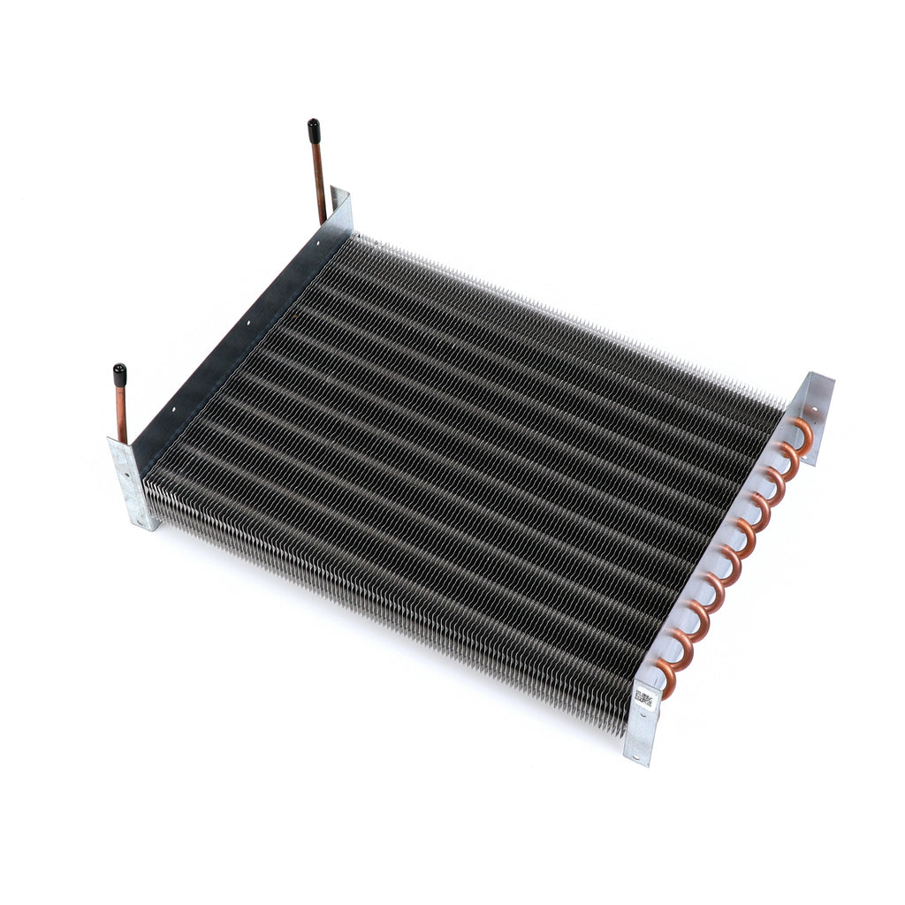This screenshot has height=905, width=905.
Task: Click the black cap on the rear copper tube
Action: [314, 131]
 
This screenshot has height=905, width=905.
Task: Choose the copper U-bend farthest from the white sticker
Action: [802, 433]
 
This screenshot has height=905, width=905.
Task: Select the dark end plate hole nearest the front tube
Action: [174, 409]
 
